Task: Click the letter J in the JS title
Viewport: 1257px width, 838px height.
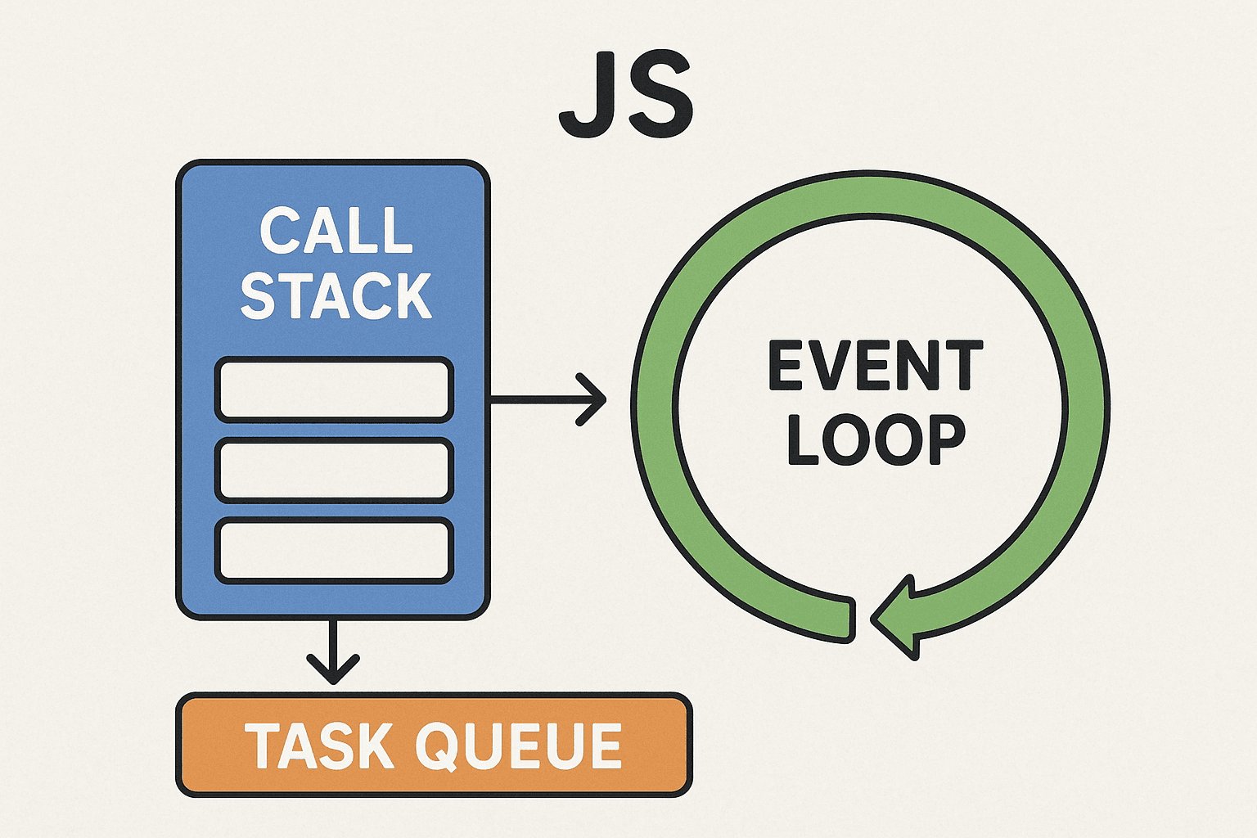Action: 588,97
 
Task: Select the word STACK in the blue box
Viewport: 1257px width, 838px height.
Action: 336,295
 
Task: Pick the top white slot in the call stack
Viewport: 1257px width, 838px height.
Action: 334,390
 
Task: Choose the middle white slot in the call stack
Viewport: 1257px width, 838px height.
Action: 334,470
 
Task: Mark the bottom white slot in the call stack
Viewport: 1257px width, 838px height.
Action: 334,550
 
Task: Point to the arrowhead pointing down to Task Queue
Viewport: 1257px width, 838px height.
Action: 333,668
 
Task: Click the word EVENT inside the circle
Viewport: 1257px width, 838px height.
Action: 875,367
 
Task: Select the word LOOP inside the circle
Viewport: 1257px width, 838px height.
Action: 876,439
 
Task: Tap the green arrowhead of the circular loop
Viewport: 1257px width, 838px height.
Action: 896,618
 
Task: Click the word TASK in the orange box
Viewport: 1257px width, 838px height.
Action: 319,746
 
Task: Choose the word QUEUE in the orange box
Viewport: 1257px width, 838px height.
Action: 518,746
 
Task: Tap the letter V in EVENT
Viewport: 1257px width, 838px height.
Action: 850,367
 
